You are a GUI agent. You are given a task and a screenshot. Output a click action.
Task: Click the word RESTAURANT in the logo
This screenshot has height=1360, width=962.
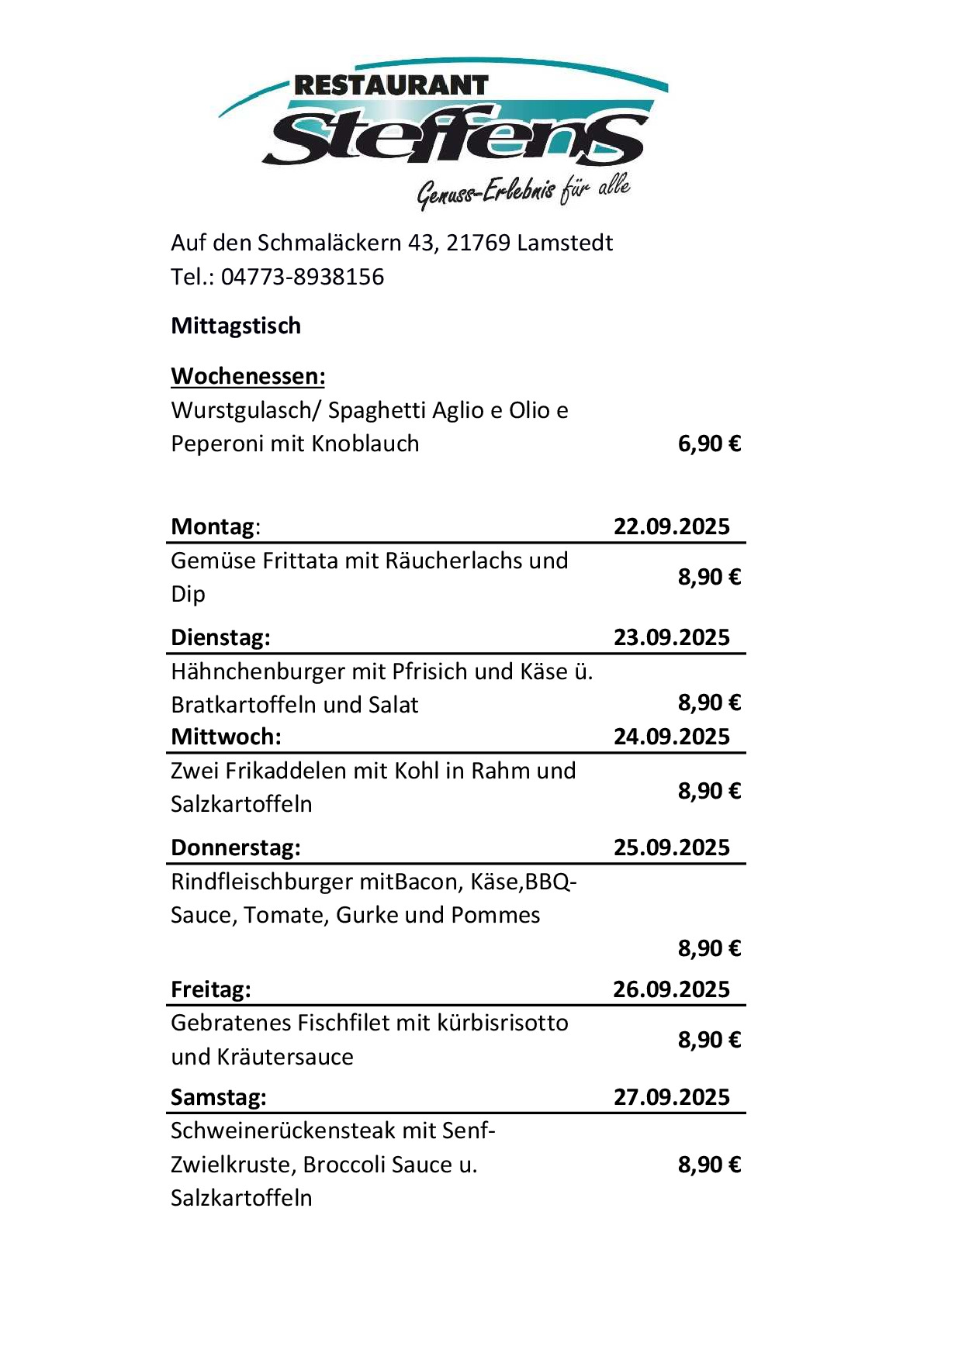pos(391,86)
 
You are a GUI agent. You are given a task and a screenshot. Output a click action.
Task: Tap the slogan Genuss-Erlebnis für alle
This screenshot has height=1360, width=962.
pos(524,191)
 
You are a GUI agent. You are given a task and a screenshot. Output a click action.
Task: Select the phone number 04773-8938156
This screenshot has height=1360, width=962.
pos(303,277)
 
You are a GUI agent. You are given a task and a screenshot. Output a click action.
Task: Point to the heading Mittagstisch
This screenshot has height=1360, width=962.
pos(236,326)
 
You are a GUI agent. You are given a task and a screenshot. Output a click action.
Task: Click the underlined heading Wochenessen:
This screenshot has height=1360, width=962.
pos(248,376)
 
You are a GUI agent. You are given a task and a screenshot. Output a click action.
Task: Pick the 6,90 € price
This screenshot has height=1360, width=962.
pos(709,444)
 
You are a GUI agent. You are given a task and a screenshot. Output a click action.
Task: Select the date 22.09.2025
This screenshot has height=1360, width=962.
pos(672,526)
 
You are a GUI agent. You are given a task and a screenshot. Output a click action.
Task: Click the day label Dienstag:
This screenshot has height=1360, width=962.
pos(220,637)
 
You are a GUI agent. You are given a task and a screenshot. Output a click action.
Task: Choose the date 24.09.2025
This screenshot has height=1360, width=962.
pos(672,737)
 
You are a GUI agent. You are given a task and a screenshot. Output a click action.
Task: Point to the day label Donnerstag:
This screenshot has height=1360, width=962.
pos(236,847)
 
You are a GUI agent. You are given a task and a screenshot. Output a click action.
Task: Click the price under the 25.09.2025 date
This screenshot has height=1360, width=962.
pos(709,948)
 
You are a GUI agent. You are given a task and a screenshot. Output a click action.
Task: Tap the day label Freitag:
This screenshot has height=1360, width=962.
pos(211,989)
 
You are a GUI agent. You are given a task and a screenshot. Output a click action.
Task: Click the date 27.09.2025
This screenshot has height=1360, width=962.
pos(672,1097)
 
